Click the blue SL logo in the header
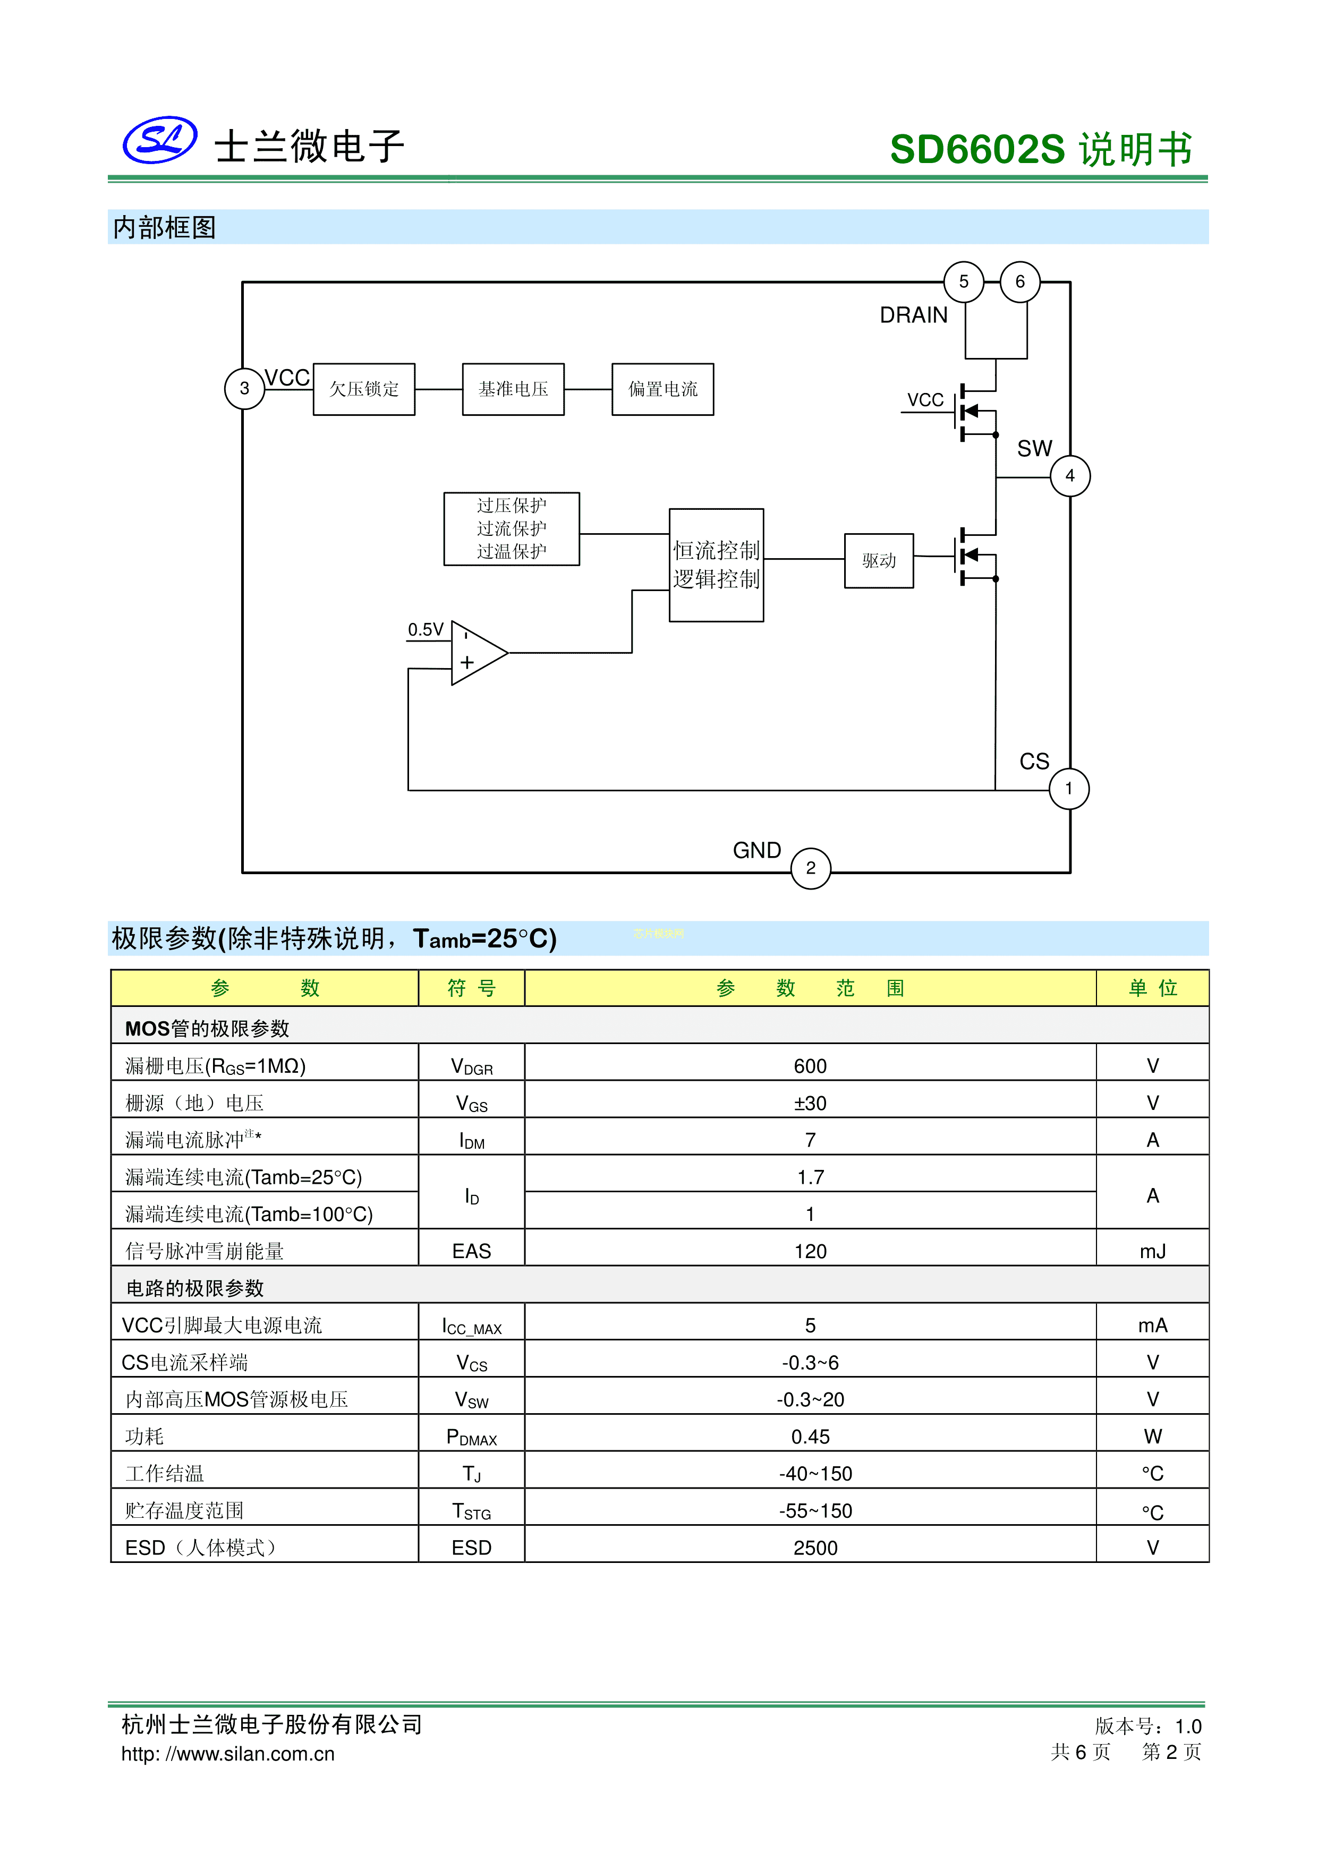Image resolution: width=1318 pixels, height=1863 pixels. (160, 140)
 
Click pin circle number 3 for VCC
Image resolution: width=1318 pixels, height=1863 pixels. (244, 389)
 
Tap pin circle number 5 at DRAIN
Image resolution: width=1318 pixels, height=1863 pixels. (963, 281)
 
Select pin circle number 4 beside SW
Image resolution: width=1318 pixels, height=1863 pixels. (1070, 476)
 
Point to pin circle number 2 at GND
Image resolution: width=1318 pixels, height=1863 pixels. (811, 868)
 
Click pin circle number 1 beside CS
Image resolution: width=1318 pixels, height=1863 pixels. (1069, 789)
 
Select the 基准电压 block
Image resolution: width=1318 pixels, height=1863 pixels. (513, 389)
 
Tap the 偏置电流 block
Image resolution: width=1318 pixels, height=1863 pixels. (662, 389)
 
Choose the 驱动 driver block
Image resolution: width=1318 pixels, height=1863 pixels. (879, 561)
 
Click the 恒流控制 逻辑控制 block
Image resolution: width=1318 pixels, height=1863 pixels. (716, 566)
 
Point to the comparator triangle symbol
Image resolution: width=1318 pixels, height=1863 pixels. (477, 653)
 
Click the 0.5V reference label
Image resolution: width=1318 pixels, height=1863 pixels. (426, 630)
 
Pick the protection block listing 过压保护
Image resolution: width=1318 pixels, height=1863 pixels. (511, 529)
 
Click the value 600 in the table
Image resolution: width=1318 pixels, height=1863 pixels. (810, 1066)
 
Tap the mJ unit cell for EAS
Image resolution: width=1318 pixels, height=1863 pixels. (1152, 1251)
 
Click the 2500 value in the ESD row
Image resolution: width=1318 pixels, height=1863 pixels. (815, 1548)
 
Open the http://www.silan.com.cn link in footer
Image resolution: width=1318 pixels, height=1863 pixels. (228, 1754)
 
